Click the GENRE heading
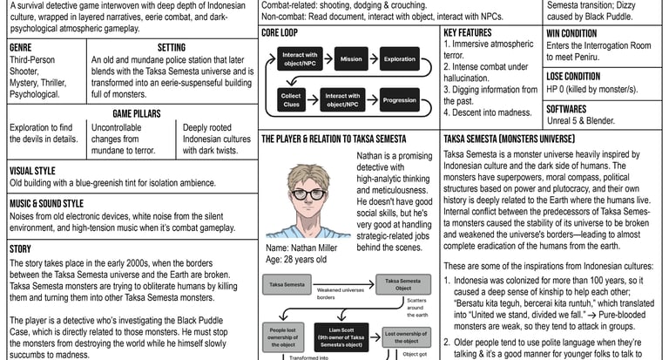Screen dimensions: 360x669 [21, 47]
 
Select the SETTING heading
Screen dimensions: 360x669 [171, 47]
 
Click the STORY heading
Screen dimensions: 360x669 [20, 248]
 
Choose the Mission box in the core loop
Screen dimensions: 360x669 [351, 60]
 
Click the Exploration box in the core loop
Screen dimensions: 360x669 [400, 60]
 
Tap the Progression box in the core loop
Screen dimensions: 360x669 [400, 100]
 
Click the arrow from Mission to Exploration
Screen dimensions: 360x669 [375, 60]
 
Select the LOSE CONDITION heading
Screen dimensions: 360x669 [573, 77]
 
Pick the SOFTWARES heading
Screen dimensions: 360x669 [566, 110]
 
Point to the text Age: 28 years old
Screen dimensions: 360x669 [296, 259]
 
